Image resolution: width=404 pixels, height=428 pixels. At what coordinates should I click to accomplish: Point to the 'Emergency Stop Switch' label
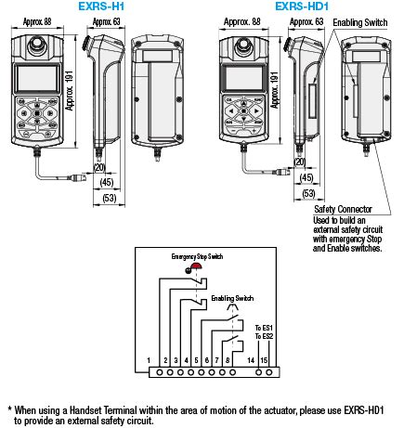tap(199, 255)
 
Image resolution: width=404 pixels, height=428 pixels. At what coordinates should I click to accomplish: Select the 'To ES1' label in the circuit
tap(264, 326)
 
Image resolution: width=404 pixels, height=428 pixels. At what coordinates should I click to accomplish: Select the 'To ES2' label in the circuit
tap(264, 335)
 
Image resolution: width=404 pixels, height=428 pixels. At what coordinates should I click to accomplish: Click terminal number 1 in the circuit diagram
tap(150, 358)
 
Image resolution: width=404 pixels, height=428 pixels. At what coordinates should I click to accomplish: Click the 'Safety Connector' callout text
tap(344, 210)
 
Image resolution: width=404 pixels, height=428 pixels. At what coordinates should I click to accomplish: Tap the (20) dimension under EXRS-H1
tap(98, 166)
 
